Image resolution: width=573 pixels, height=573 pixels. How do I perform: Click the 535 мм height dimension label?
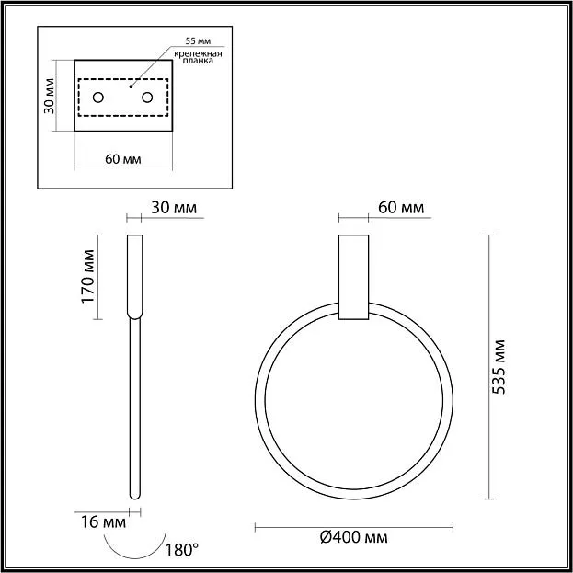point(499,367)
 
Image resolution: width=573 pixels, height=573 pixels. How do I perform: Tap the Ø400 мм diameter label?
point(354,537)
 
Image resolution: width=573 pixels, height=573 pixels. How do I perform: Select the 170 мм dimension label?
point(87,277)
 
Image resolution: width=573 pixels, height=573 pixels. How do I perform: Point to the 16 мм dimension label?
point(103,522)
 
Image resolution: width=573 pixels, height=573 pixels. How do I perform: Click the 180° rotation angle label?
point(182,550)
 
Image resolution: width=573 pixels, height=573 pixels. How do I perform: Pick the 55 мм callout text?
point(198,40)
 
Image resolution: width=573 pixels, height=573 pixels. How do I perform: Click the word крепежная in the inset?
point(198,53)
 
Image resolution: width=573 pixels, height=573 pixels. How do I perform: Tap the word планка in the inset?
point(198,61)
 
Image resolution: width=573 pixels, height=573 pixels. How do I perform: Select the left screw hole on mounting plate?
point(98,97)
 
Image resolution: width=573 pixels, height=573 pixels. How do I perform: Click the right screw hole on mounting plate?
point(147,97)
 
